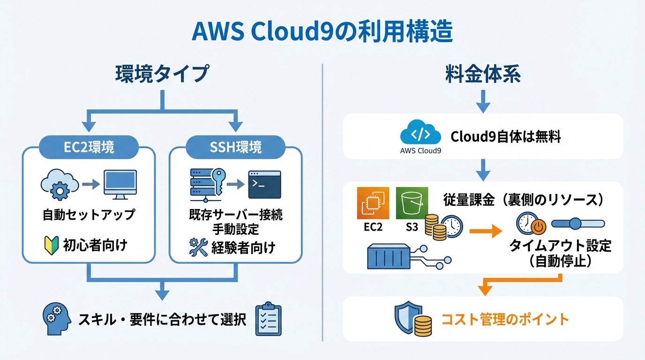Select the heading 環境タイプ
161,75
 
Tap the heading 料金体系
483,75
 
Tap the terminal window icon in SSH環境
264,185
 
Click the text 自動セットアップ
89,215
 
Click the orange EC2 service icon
373,203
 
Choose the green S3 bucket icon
412,203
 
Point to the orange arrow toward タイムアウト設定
485,230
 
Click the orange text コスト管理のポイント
505,319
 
